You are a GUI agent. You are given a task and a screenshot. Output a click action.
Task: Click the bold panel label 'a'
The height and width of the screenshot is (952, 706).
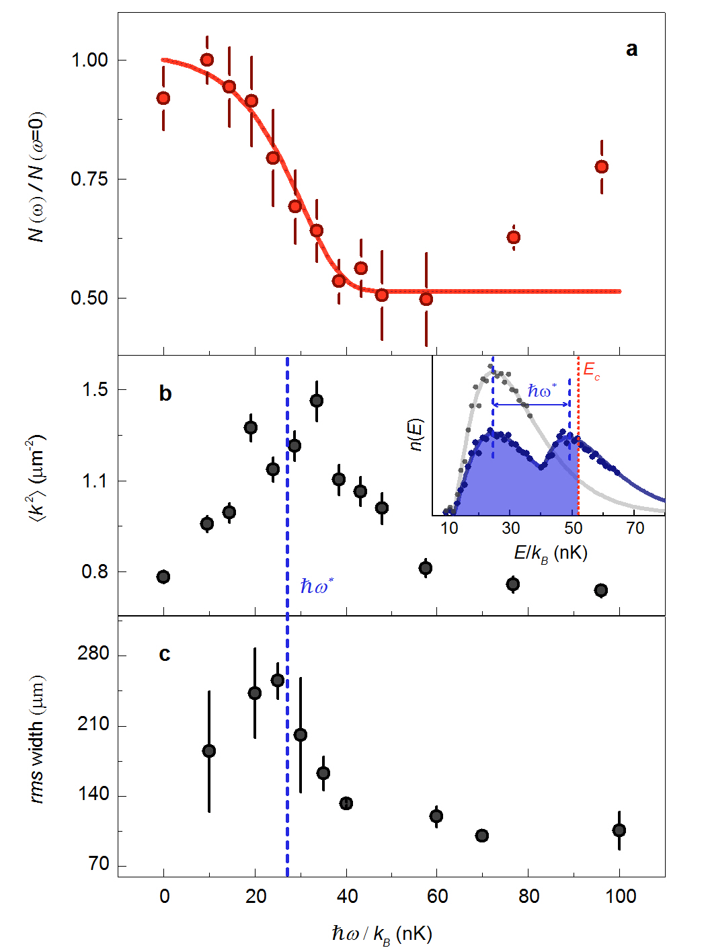click(631, 49)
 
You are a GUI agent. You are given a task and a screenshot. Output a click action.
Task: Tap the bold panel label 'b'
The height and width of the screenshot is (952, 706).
click(165, 393)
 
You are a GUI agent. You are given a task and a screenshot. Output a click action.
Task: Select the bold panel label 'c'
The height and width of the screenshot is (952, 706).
click(165, 653)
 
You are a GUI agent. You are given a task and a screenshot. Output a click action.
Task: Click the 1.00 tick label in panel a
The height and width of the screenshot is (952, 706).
click(89, 60)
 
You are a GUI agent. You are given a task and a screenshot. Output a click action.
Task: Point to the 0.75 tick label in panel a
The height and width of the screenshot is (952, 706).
click(89, 179)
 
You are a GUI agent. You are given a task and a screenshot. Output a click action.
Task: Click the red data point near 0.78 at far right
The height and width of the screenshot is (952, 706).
click(602, 167)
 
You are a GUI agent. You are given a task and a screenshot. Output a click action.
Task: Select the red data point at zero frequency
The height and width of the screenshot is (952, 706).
click(163, 98)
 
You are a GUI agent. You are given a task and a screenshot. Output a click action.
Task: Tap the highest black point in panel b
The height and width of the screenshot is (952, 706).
click(317, 401)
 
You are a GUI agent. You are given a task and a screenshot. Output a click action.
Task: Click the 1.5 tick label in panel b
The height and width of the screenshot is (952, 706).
click(95, 390)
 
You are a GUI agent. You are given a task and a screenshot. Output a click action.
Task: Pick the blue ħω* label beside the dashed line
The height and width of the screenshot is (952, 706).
click(317, 587)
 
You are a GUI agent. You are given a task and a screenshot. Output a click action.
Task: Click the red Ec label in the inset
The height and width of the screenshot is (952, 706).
click(591, 370)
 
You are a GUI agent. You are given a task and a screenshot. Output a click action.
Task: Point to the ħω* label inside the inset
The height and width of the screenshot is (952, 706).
click(542, 391)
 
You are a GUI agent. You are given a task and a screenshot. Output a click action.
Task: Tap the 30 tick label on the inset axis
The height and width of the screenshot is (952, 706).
click(510, 528)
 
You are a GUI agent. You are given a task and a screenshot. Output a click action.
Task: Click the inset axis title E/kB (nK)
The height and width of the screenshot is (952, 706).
click(551, 553)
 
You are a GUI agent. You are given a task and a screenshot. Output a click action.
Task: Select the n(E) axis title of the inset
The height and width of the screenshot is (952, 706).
click(416, 435)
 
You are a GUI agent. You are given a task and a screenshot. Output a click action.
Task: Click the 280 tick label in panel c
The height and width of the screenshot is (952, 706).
click(93, 654)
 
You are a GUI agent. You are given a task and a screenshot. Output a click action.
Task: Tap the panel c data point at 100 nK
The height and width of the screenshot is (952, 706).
click(619, 830)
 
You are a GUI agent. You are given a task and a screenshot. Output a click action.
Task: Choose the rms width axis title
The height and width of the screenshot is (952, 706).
click(38, 739)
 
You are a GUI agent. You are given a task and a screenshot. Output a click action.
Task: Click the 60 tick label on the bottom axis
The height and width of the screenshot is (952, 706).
click(437, 896)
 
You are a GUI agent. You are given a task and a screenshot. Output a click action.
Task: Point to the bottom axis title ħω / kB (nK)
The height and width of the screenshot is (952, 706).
click(381, 934)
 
